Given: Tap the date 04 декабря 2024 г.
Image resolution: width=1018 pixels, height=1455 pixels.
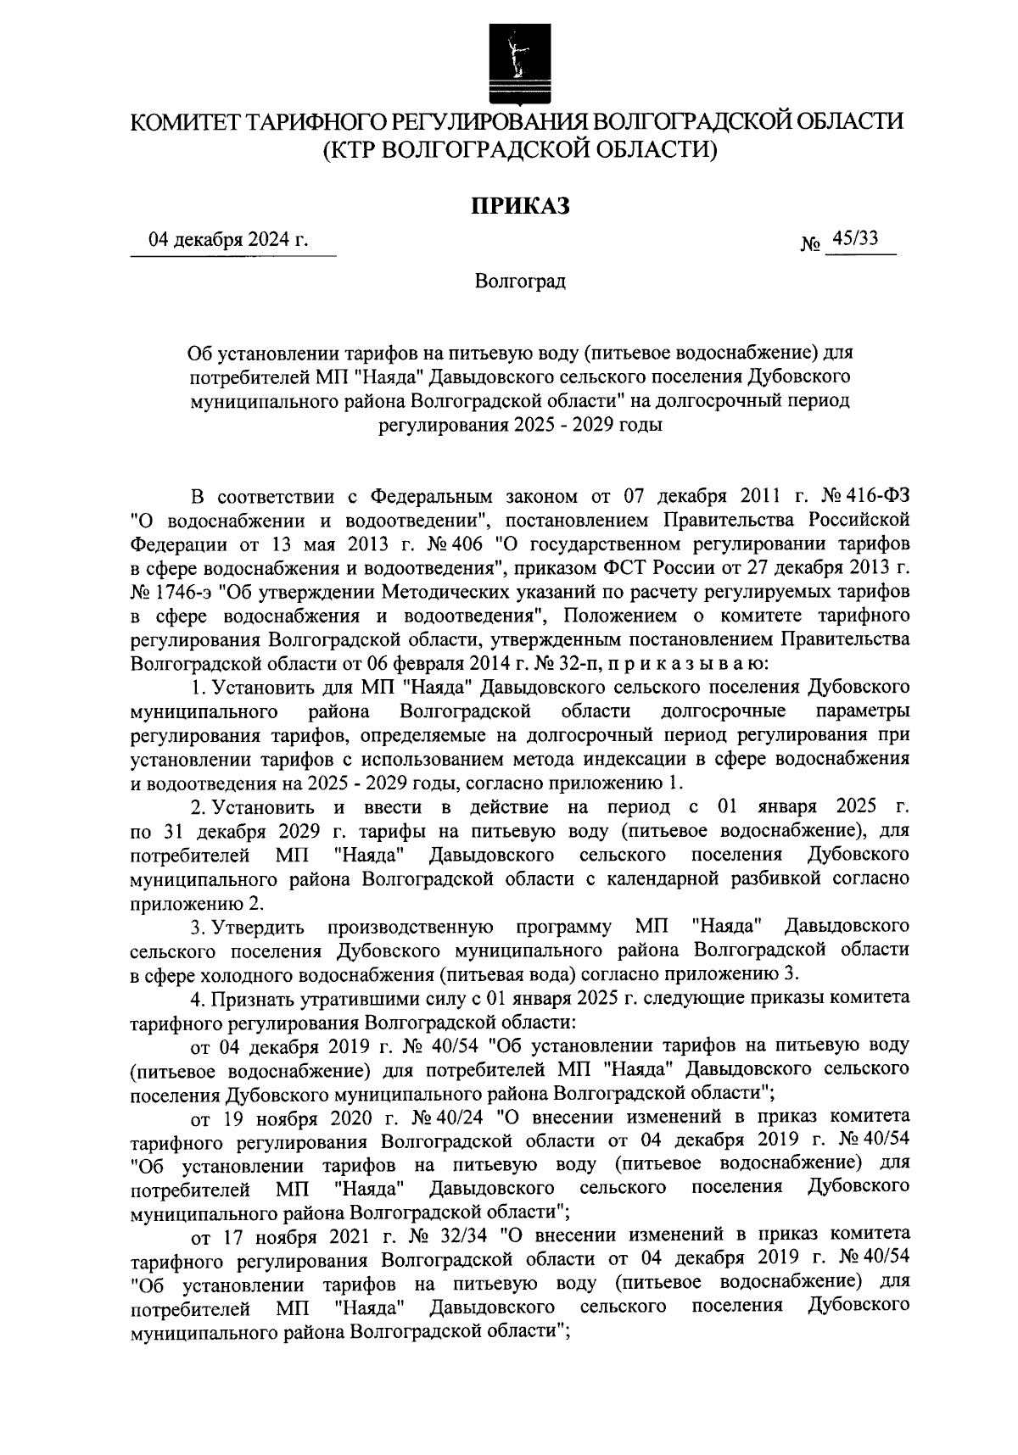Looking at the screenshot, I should click(227, 240).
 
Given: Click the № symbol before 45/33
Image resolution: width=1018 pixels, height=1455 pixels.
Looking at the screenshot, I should click(810, 244).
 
